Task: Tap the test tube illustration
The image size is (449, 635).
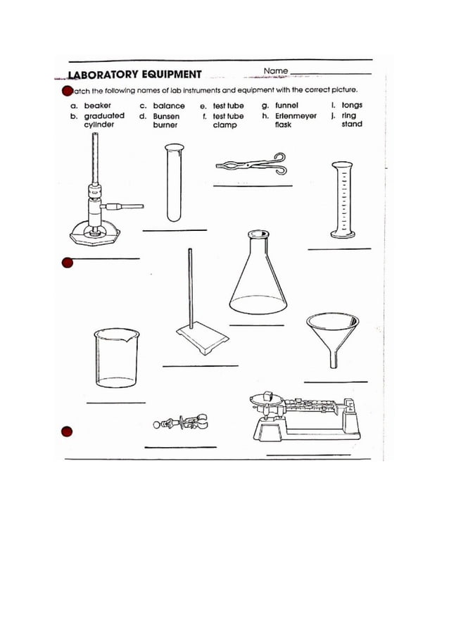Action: point(173,182)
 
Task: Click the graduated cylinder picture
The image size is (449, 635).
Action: point(342,199)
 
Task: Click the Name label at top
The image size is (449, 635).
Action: point(275,71)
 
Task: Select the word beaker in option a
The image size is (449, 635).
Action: point(98,106)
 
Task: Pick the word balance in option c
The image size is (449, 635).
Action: point(169,106)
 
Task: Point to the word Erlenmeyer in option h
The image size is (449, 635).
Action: point(296,115)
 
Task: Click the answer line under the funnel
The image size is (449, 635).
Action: point(335,382)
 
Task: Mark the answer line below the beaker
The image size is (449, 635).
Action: point(115,403)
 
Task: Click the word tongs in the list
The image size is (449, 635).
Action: point(352,106)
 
